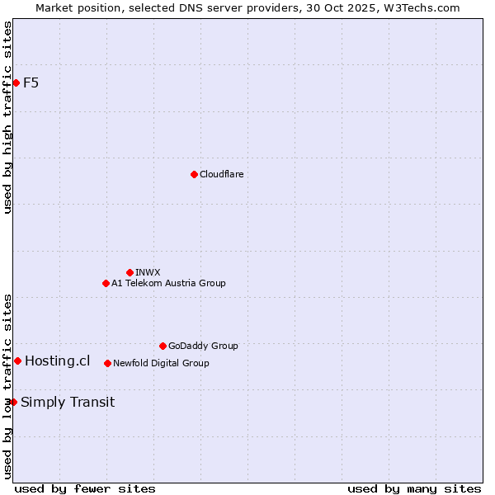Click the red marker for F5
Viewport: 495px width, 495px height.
tap(16, 82)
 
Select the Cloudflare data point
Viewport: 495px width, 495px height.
tap(194, 174)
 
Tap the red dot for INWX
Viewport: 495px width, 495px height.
tap(130, 272)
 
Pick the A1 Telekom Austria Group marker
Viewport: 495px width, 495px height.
tap(106, 283)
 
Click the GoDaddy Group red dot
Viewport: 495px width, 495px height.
tap(163, 346)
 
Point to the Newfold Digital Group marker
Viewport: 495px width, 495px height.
tap(107, 363)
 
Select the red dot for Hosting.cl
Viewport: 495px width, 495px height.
tap(17, 361)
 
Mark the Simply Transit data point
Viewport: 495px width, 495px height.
tap(13, 402)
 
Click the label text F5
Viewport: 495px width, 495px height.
tap(31, 82)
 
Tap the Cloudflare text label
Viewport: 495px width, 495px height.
tap(221, 174)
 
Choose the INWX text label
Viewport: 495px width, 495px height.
tap(148, 272)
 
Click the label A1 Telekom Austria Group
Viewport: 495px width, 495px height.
tap(168, 283)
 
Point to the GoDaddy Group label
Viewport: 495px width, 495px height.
tap(203, 346)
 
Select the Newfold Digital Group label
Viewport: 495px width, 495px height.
tap(161, 363)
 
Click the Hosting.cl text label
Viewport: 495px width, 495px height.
tap(57, 361)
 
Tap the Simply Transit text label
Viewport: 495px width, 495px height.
tap(68, 403)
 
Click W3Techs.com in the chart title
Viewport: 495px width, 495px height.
tap(426, 7)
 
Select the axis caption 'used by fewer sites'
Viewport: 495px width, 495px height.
tap(85, 488)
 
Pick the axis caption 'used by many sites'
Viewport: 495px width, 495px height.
tap(413, 488)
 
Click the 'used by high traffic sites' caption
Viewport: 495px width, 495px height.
tap(7, 117)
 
